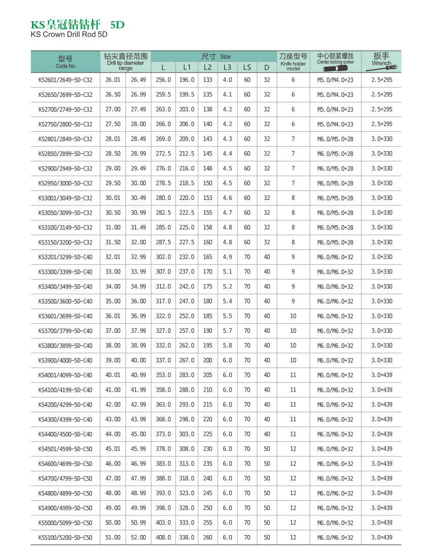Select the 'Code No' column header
click(65, 66)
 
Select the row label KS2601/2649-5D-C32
click(65, 80)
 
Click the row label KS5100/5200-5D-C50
click(65, 537)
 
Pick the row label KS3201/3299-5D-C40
click(65, 257)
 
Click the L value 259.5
click(163, 95)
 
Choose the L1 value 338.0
click(187, 537)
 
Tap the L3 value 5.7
click(227, 331)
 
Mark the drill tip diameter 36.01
click(113, 316)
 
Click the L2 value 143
click(208, 139)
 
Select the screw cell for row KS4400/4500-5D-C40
click(335, 434)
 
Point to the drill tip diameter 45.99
click(138, 449)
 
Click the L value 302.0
click(163, 257)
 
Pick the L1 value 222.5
click(187, 213)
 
